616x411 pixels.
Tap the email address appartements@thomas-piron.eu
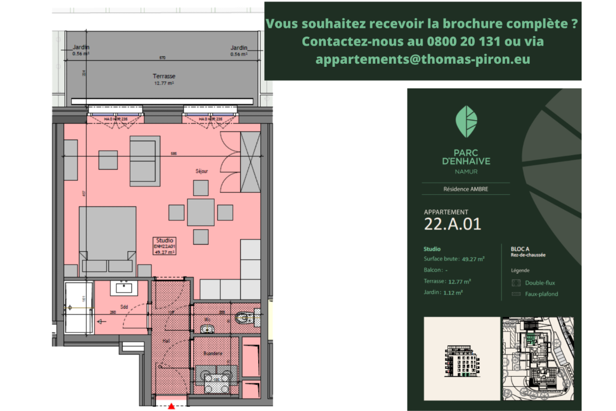click(423, 60)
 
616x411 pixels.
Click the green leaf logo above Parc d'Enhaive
click(467, 121)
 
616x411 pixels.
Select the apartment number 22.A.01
click(452, 224)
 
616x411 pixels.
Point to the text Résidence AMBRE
click(466, 189)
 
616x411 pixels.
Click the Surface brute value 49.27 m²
click(473, 259)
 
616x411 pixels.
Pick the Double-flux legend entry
click(540, 283)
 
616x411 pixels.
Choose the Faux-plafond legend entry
click(541, 294)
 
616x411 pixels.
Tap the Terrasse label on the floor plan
click(164, 76)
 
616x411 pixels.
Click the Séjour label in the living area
click(202, 171)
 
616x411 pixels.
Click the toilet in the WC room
click(245, 318)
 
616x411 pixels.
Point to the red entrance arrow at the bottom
click(171, 406)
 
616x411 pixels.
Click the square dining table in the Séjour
click(201, 212)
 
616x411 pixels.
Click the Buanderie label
click(213, 353)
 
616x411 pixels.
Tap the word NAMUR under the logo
click(466, 172)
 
